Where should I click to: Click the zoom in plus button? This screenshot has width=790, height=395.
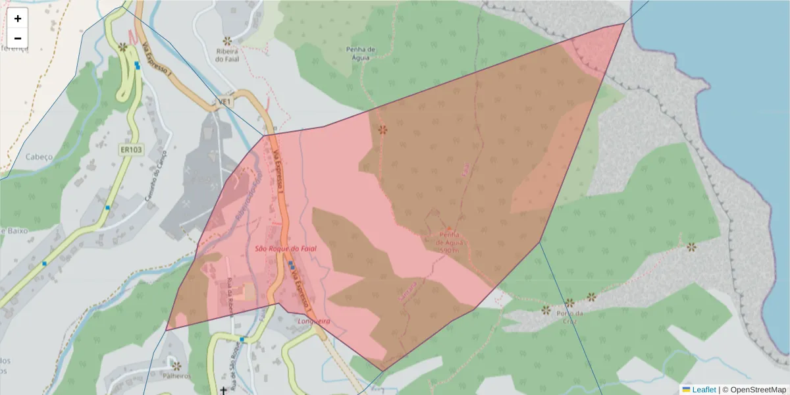(18, 18)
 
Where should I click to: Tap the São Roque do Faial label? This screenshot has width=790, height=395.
(286, 249)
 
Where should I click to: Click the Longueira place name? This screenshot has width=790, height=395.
(313, 321)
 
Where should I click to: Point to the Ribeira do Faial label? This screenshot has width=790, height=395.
(230, 55)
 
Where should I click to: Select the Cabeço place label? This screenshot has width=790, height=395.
(38, 157)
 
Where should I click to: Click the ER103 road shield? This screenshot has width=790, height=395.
(131, 150)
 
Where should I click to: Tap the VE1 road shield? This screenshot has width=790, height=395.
(225, 103)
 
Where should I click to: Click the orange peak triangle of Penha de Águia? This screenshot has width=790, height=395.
(449, 229)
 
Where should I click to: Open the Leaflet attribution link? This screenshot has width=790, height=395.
(704, 390)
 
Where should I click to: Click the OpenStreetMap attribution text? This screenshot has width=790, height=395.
(758, 390)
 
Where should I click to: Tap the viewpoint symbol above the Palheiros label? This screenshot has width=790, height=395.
(176, 365)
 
